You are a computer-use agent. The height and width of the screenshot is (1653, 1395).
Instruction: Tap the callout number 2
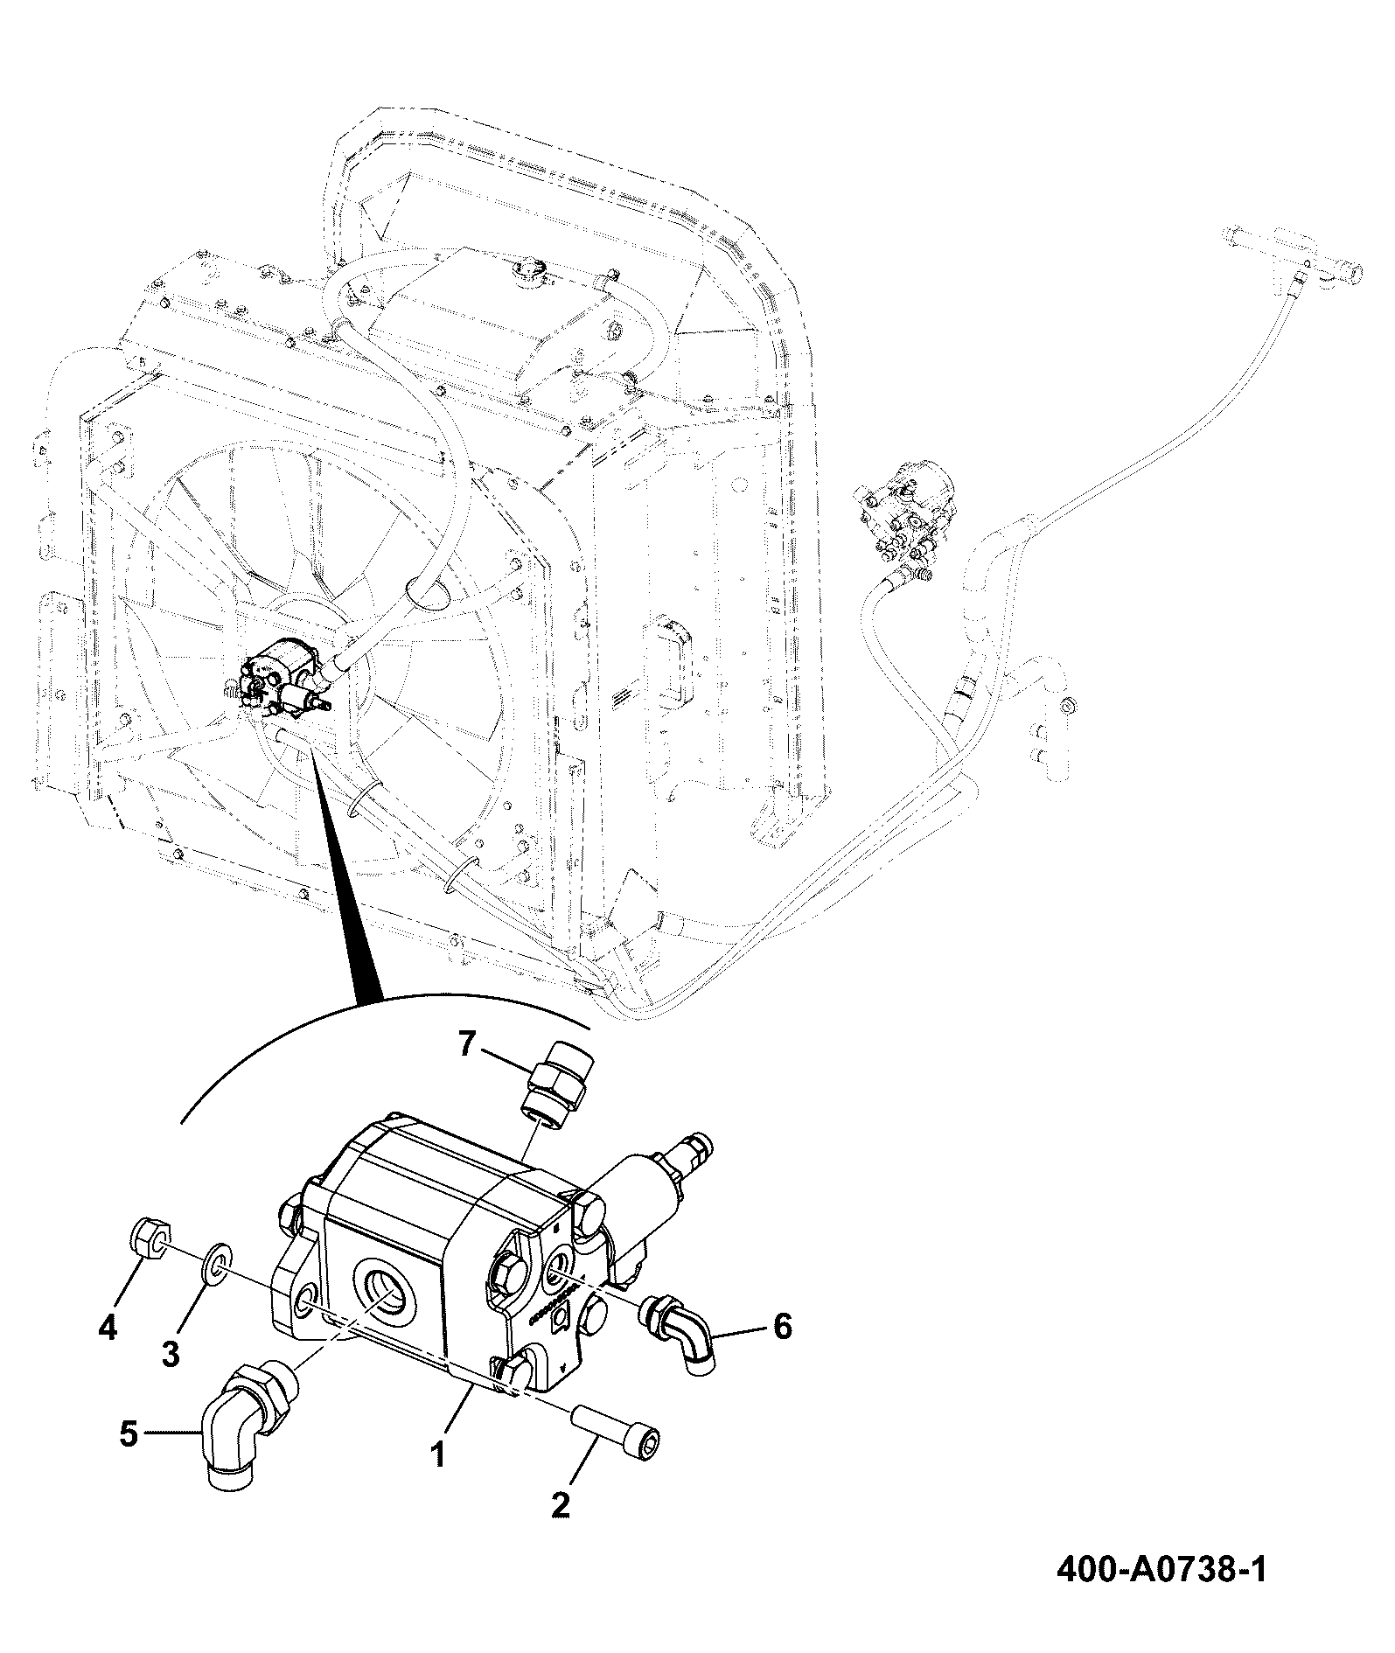(560, 1503)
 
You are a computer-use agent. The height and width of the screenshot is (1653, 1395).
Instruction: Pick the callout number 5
(129, 1433)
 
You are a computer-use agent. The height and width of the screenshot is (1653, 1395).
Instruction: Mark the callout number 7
(467, 1043)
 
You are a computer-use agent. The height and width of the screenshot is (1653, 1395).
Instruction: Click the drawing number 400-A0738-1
(1161, 1594)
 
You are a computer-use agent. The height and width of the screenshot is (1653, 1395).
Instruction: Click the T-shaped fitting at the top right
(1293, 255)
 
